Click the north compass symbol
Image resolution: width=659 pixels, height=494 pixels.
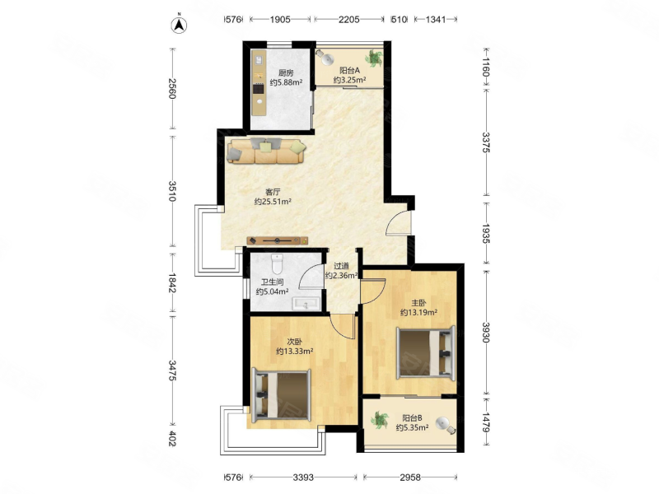179,24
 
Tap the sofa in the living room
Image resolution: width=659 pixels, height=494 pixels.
266,151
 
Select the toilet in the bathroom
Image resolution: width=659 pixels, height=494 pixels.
278,263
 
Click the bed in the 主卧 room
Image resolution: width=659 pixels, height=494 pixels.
426,354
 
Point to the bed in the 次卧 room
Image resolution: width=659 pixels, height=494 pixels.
281,395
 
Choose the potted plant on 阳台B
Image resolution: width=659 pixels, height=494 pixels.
380,420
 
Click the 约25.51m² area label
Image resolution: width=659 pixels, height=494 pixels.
273,202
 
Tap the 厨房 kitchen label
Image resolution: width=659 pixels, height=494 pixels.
286,72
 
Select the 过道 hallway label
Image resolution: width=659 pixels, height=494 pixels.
341,266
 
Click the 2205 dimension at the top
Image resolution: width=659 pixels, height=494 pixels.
348,19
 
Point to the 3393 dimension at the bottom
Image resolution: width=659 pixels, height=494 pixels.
303,478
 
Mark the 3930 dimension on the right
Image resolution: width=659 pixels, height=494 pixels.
486,333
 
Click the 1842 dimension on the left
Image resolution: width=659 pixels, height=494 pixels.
172,283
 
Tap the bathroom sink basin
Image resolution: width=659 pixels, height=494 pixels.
306,303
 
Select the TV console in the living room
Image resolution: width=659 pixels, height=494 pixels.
278,240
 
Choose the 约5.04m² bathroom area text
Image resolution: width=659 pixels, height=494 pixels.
273,291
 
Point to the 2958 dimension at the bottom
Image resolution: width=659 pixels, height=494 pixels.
410,478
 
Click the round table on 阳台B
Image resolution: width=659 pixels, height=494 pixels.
442,422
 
